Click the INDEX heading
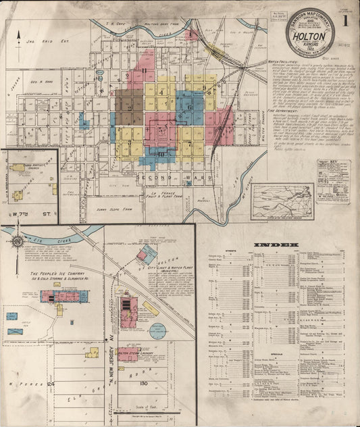click(276, 244)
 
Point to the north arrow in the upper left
click(20, 34)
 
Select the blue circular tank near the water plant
click(157, 332)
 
